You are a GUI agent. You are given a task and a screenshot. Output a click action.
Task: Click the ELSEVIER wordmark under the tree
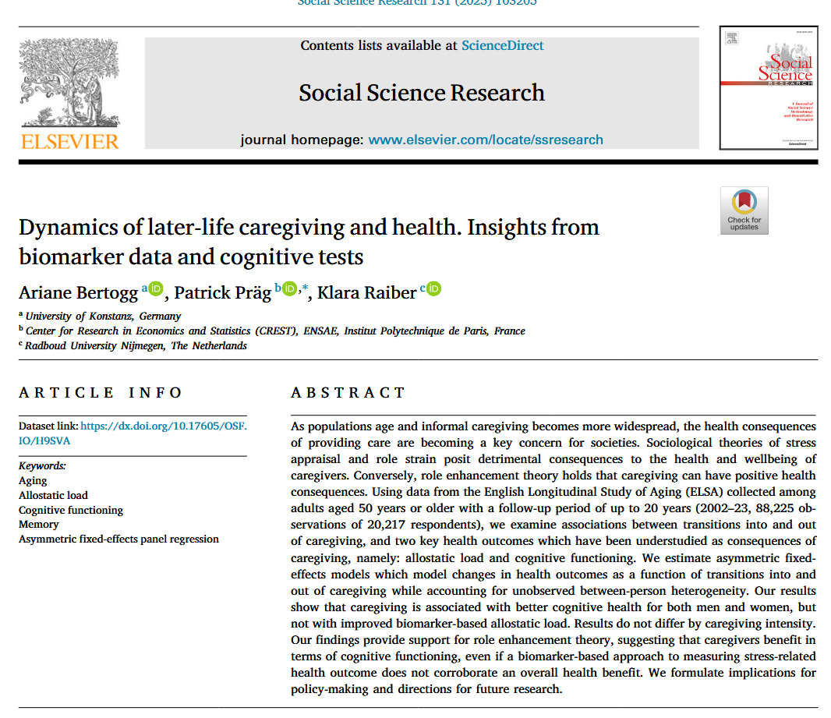[69, 141]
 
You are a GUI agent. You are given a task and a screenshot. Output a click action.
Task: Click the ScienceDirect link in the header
[502, 45]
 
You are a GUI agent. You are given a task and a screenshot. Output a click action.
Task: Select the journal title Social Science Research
[422, 93]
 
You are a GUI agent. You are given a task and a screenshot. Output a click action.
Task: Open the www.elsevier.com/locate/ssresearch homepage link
[485, 140]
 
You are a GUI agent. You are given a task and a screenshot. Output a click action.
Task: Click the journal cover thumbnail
[768, 87]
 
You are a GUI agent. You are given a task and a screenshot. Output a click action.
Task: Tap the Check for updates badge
[744, 210]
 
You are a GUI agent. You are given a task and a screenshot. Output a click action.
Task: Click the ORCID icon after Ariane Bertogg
[156, 289]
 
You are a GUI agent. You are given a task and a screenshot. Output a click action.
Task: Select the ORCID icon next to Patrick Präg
[290, 289]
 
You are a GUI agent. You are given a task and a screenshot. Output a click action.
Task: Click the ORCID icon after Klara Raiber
[433, 289]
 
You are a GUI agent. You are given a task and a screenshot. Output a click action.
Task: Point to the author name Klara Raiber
[366, 292]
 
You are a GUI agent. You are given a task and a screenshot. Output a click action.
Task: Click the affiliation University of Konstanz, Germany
[103, 316]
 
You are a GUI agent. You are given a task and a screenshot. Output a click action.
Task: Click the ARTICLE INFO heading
[101, 393]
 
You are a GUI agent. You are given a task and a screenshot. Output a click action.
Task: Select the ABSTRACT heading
[348, 393]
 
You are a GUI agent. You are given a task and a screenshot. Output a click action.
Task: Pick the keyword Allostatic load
[53, 495]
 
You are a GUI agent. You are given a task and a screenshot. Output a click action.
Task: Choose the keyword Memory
[38, 525]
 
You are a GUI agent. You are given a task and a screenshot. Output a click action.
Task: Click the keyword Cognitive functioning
[71, 510]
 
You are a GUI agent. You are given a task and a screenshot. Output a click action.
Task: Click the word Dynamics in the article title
[62, 228]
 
